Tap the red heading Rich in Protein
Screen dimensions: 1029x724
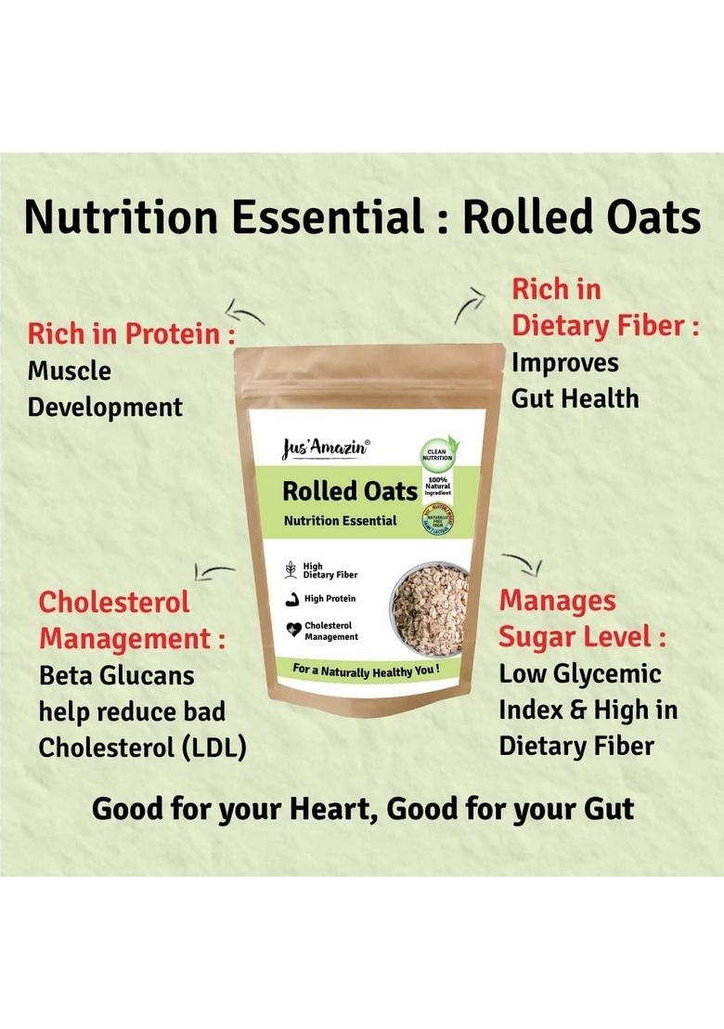click(130, 334)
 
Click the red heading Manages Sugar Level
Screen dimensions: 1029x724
click(582, 619)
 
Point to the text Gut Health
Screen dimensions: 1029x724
click(575, 398)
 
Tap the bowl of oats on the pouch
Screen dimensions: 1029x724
click(430, 610)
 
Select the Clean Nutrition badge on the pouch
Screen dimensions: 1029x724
click(438, 449)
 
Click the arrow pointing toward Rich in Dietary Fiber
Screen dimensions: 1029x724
click(471, 304)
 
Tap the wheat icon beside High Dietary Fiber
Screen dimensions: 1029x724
click(291, 569)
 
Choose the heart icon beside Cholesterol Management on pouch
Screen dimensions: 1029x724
click(292, 631)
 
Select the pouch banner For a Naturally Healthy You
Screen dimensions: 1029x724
click(365, 669)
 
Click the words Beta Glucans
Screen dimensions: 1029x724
click(116, 675)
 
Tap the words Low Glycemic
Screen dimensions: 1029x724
click(580, 673)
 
